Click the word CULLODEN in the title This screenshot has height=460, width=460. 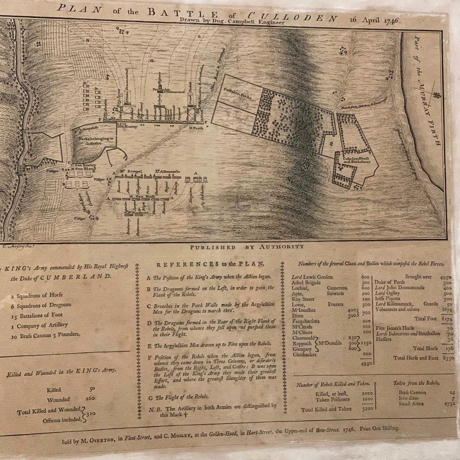click(293, 17)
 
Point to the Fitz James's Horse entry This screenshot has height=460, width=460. click(394, 328)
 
